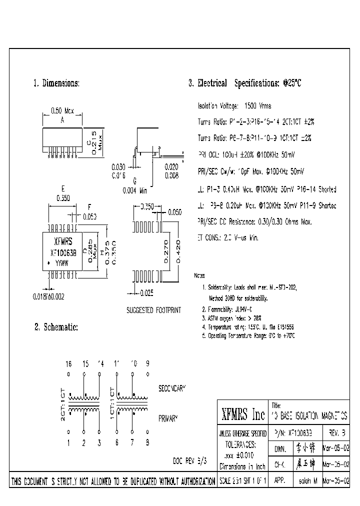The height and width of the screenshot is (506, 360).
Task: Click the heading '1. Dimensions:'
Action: pyautogui.click(x=56, y=83)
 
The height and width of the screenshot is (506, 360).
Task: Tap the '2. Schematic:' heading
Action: pyautogui.click(x=56, y=327)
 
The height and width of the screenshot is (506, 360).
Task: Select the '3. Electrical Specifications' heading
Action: pyautogui.click(x=244, y=83)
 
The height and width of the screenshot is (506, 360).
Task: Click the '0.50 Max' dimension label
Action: pyautogui.click(x=62, y=111)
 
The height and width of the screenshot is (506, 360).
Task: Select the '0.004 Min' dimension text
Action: pyautogui.click(x=134, y=190)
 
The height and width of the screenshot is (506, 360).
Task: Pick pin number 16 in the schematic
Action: pyautogui.click(x=68, y=363)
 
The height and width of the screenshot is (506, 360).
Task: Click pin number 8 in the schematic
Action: pyautogui.click(x=147, y=441)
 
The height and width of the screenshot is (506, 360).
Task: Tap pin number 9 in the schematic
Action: pyautogui.click(x=147, y=363)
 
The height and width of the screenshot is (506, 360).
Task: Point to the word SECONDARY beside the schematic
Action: pyautogui.click(x=172, y=388)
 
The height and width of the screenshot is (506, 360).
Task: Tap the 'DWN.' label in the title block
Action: pyautogui.click(x=280, y=449)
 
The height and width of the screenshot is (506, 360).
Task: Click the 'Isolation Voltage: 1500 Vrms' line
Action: pyautogui.click(x=234, y=106)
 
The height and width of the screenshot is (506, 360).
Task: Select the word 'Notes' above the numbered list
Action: pyautogui.click(x=199, y=275)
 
